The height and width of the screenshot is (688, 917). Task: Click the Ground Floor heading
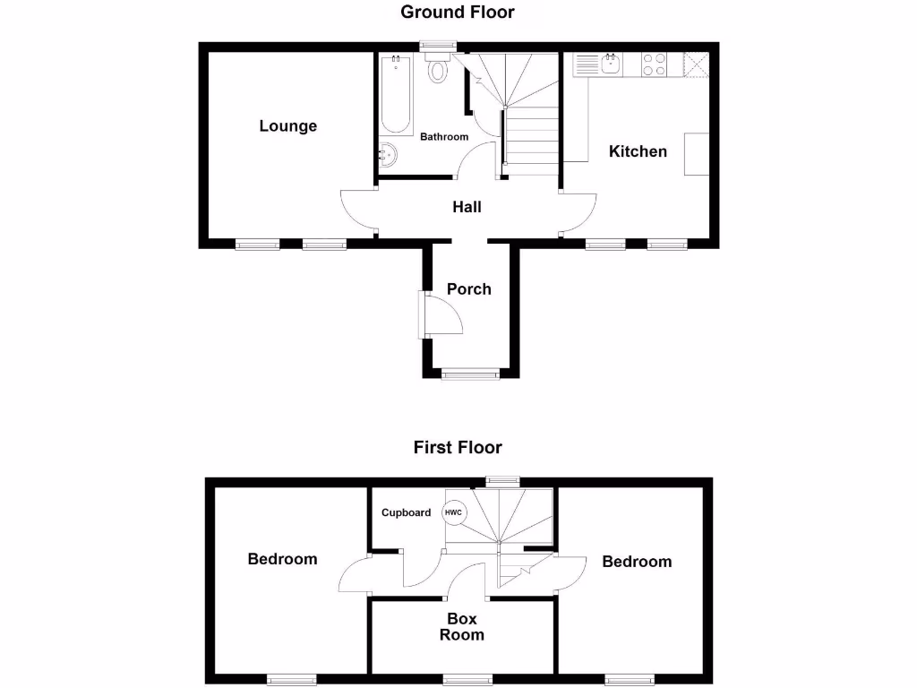point(458,12)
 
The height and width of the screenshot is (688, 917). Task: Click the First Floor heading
point(458,447)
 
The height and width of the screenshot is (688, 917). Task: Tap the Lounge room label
point(288,126)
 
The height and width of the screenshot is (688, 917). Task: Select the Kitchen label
point(638,151)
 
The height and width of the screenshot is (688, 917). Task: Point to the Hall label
point(467,207)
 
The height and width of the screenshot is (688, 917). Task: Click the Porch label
point(469,289)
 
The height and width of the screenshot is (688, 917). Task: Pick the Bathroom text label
point(444,137)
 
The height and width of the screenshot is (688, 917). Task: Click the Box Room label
point(462,627)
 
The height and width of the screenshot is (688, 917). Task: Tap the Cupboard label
point(406,513)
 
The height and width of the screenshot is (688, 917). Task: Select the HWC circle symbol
point(455,513)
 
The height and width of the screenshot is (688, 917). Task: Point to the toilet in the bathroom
point(438,68)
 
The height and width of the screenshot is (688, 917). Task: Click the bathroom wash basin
point(389,155)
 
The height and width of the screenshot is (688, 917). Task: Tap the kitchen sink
point(611,64)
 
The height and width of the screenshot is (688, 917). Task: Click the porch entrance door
point(442,315)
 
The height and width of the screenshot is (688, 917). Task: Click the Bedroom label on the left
point(282,559)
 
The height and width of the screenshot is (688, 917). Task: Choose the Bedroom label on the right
point(637,562)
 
